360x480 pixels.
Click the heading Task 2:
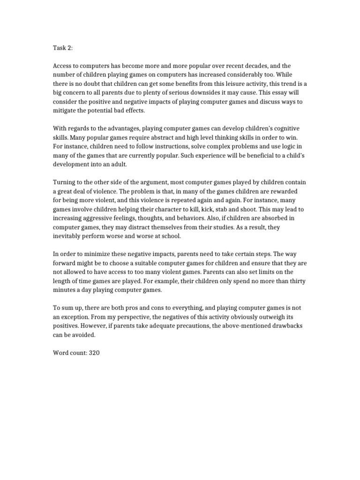tap(62, 47)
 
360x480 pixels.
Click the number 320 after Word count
tap(94, 352)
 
